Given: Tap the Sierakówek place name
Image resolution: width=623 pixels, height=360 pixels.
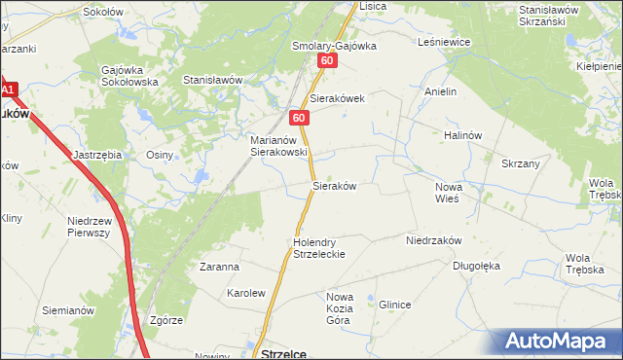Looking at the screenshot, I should [x=337, y=99].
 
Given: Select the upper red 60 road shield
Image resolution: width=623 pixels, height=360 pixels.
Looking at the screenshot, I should [x=326, y=61].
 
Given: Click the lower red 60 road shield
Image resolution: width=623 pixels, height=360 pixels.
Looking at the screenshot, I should [x=299, y=118].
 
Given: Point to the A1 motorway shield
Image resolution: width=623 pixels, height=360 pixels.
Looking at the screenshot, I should [x=8, y=90].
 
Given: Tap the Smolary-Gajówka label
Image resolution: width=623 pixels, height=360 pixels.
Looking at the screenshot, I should [x=334, y=46].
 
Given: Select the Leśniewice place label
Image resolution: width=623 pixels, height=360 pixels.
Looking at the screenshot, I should [x=444, y=43].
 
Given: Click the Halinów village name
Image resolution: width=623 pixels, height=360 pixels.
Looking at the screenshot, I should [x=462, y=135].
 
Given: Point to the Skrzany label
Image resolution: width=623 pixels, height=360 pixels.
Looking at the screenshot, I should [x=521, y=163].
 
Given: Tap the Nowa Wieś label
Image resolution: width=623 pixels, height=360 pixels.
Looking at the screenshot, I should [x=448, y=192].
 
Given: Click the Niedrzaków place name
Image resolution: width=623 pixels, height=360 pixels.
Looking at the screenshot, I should [x=433, y=238].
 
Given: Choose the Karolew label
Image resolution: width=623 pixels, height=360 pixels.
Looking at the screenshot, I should [x=246, y=292].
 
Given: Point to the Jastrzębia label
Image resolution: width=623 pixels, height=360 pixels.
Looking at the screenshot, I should [x=97, y=155].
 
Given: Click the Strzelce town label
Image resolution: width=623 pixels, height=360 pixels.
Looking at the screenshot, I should [x=285, y=354].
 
